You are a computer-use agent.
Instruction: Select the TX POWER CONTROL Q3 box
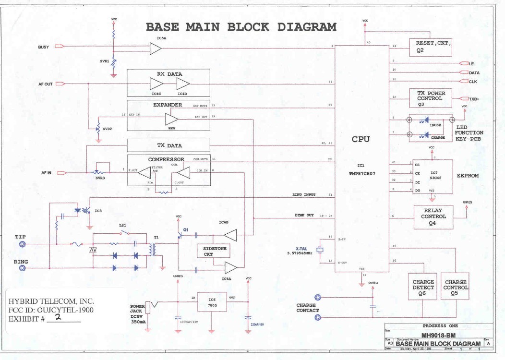pyautogui.click(x=431, y=98)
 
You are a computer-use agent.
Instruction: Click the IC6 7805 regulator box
pyautogui.click(x=212, y=301)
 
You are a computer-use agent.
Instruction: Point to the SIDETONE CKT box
pyautogui.click(x=215, y=251)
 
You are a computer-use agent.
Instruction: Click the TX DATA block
pyautogui.click(x=169, y=145)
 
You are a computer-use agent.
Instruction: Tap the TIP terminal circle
pyautogui.click(x=22, y=244)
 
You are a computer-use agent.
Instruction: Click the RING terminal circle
pyautogui.click(x=22, y=268)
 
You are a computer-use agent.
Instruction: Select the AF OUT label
pyautogui.click(x=45, y=84)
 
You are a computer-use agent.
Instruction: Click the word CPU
pyautogui.click(x=361, y=139)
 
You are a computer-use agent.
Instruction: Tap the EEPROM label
pyautogui.click(x=468, y=176)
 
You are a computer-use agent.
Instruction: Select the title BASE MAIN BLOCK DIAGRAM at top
pyautogui.click(x=241, y=27)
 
